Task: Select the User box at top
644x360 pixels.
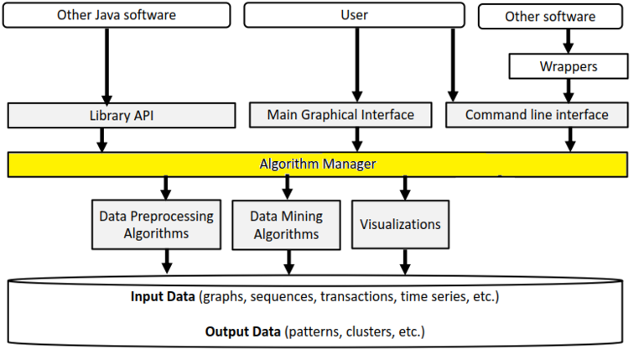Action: coord(354,14)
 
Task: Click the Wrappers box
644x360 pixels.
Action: coord(569,65)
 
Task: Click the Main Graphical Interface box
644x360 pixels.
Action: coord(340,115)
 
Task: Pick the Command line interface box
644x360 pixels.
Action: coord(537,115)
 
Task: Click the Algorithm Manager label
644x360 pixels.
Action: coord(317,164)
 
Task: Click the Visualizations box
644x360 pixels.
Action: coord(400,224)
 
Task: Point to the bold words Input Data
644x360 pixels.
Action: coord(162,297)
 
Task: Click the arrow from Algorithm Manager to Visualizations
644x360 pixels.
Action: coord(405,187)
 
